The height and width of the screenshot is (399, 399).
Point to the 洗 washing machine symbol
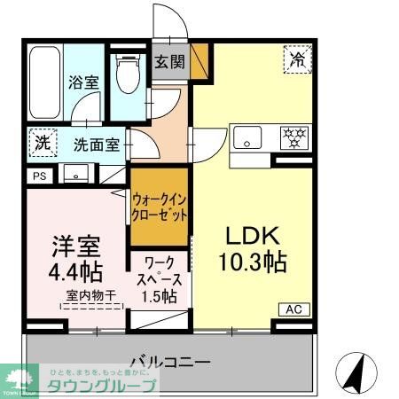[x=41, y=142]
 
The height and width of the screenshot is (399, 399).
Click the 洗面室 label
[x=96, y=145]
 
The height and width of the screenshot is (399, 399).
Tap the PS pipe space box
[x=38, y=176]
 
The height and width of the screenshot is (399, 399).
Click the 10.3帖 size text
[x=253, y=263]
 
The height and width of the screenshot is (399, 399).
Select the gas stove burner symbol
[x=293, y=138]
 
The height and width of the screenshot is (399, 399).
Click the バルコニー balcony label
[x=169, y=362]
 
